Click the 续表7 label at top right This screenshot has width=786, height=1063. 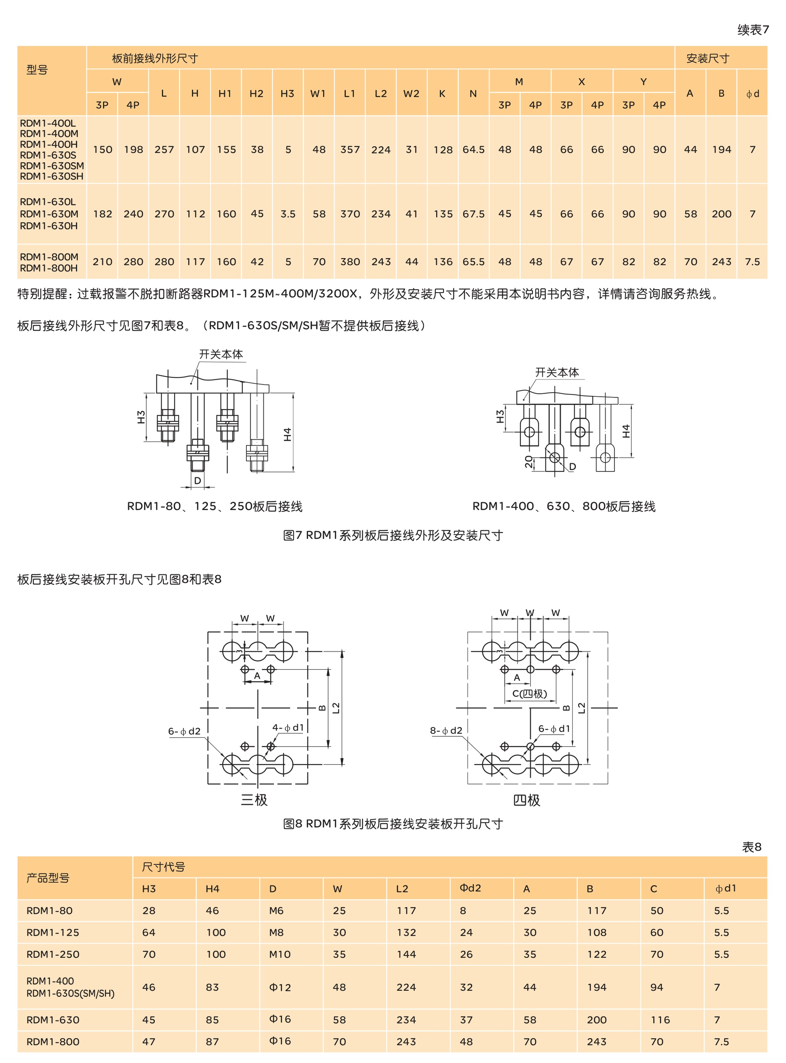tap(753, 29)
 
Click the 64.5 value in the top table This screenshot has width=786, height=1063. tap(474, 149)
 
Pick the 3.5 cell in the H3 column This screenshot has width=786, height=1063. tap(288, 214)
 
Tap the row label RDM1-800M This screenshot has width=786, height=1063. tap(49, 257)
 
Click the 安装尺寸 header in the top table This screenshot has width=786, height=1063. tap(707, 59)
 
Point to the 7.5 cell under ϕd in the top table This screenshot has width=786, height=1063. tap(752, 262)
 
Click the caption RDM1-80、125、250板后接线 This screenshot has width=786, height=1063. tap(215, 506)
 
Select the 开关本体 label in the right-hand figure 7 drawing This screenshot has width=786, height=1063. tap(556, 372)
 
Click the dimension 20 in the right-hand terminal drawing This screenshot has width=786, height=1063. tap(529, 461)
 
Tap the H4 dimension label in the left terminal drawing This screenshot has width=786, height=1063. tap(287, 434)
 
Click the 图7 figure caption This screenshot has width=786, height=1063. tap(393, 535)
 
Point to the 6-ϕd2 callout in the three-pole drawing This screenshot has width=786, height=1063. tap(184, 731)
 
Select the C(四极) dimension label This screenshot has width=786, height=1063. tap(529, 693)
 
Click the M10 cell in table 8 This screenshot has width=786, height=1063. tap(279, 954)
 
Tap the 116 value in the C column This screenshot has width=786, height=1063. tap(660, 1020)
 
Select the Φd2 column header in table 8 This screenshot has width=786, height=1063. tap(470, 888)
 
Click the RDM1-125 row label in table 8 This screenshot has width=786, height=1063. tap(53, 932)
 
